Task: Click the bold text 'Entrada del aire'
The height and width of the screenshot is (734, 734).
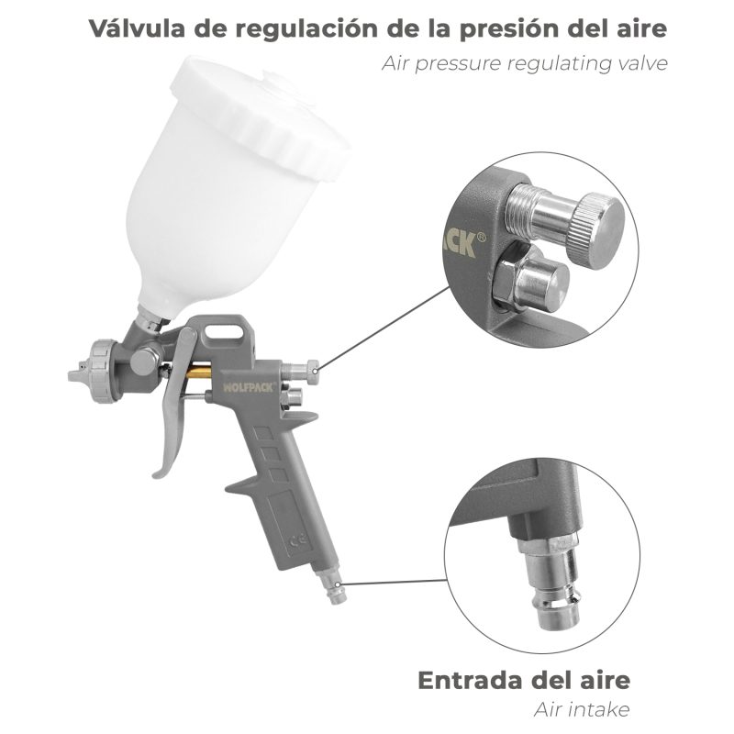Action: coord(524,681)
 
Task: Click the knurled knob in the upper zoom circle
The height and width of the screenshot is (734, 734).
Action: coord(595,223)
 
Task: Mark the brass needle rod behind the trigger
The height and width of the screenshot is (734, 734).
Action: coord(200,375)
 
